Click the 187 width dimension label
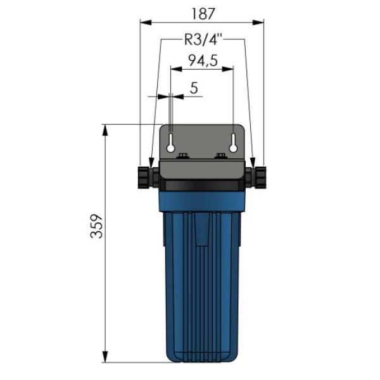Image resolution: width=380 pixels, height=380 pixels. [x=203, y=14]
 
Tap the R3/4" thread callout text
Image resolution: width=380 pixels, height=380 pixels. [x=203, y=39]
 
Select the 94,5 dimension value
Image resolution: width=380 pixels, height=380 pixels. [x=203, y=60]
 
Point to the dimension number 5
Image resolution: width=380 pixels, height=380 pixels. [x=194, y=88]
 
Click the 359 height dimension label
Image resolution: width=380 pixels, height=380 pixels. [x=97, y=226]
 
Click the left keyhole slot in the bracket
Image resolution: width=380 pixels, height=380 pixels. [x=170, y=142]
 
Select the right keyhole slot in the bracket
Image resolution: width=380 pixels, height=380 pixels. [x=233, y=142]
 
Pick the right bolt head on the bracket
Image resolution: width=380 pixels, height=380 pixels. [x=220, y=156]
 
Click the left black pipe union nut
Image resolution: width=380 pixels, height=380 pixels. [x=144, y=177]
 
